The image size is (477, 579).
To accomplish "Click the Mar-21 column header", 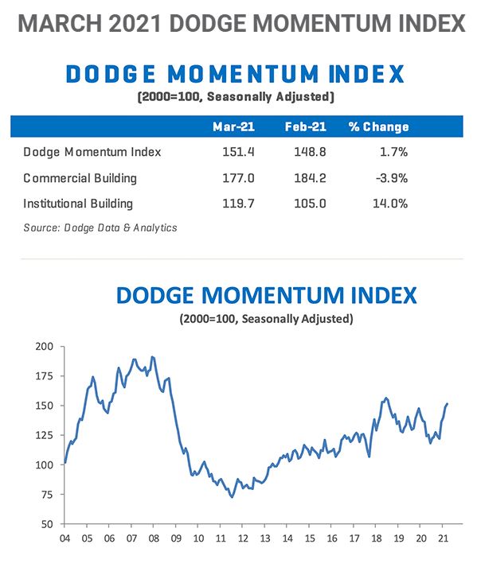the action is tap(233, 126).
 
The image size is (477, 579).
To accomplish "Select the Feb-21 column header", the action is tap(305, 126).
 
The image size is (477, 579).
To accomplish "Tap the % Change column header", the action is tap(378, 126).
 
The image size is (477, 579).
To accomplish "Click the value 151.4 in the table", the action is tap(238, 152).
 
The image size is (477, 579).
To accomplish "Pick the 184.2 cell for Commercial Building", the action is tap(310, 178).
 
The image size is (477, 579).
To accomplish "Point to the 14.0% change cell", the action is tap(390, 204).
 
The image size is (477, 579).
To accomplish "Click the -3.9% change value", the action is tap(392, 178).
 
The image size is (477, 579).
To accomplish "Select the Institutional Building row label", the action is tap(78, 204).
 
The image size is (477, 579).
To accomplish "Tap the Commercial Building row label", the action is tap(80, 178).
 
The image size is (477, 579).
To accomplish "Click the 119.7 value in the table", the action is tap(238, 204).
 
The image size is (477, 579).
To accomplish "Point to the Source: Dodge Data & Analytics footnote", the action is tap(100, 227).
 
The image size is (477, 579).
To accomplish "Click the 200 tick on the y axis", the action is tap(45, 347).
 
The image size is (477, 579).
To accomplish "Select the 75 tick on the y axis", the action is tap(47, 495).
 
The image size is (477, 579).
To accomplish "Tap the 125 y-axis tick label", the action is tap(45, 435).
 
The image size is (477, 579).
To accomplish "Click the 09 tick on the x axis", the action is tap(176, 538).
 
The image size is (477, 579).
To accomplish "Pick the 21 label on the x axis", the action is tap(443, 538).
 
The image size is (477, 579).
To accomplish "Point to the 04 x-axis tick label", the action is tap(65, 538).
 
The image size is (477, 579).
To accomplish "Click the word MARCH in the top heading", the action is tap(60, 23).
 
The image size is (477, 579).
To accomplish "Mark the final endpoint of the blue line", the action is tap(448, 404).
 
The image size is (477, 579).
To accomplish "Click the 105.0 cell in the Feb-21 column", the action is tap(310, 204).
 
